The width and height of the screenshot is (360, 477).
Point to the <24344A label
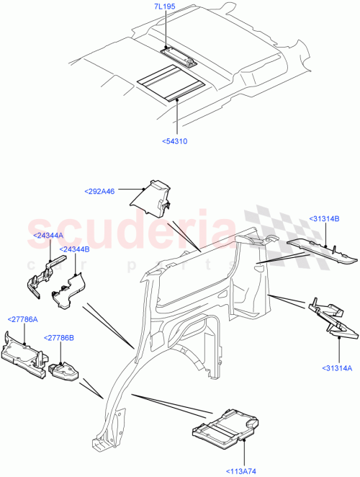48,235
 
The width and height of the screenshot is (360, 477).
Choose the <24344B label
75,249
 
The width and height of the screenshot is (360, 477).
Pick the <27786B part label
59,337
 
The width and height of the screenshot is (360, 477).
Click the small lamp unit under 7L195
177,53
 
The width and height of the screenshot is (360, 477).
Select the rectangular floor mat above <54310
171,81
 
